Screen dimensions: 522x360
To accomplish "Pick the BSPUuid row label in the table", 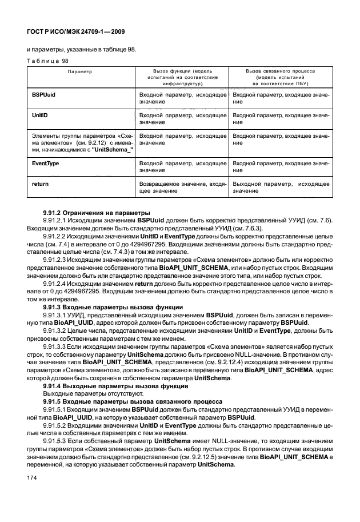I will [x=43, y=91].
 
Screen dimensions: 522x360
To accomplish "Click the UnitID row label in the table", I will [x=39, y=115].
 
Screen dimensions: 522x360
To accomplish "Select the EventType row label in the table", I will [x=45, y=163].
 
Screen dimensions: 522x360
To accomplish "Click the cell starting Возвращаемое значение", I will [x=182, y=188].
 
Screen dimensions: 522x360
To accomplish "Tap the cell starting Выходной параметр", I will [x=280, y=188].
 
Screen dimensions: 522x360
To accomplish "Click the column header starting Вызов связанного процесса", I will [x=280, y=76].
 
